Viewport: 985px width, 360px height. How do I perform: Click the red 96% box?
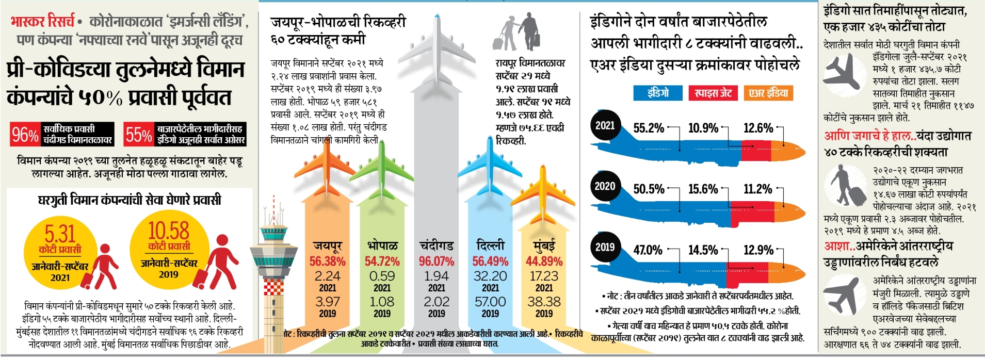(x=25, y=135)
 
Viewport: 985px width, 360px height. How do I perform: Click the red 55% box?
(x=138, y=135)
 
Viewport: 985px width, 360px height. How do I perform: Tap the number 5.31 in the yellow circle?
(x=60, y=234)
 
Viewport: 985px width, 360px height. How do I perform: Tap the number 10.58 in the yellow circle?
(x=169, y=231)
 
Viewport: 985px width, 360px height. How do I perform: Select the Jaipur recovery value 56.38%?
(x=327, y=261)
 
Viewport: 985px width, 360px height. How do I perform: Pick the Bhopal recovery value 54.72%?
(x=382, y=261)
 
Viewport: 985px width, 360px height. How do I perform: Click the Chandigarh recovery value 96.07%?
(x=437, y=261)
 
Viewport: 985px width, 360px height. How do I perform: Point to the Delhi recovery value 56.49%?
(x=490, y=261)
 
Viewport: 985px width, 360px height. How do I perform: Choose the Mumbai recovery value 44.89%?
(x=544, y=261)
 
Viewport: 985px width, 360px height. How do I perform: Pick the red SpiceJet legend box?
(x=713, y=93)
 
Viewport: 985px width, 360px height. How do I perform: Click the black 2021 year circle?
(x=605, y=125)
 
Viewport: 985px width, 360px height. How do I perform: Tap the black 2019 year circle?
(x=605, y=247)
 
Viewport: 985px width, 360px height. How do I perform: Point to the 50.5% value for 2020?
(x=649, y=189)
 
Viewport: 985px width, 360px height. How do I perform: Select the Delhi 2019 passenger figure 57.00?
(x=490, y=302)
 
